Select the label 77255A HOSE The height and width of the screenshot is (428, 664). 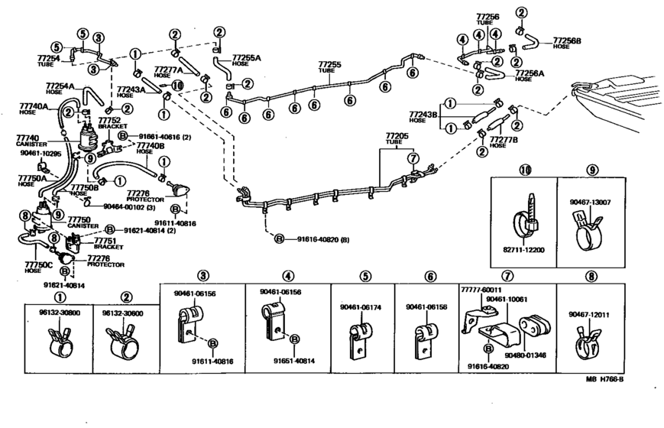[x=246, y=60]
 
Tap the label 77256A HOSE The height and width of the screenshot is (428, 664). [x=530, y=76]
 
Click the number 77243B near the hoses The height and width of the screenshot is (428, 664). [x=423, y=116]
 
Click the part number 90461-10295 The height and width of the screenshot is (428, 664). [x=36, y=154]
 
